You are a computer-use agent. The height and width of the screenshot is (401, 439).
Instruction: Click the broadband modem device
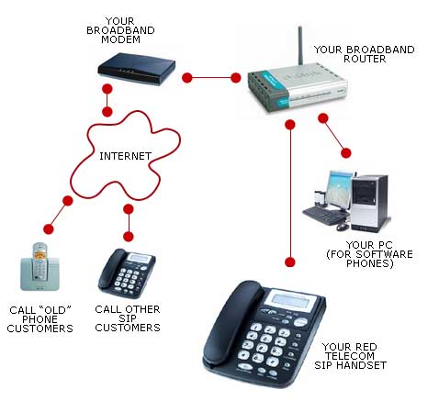(x=136, y=69)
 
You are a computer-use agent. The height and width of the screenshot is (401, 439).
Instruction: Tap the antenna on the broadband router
(x=300, y=45)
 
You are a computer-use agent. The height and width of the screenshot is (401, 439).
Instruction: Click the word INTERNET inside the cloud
(x=125, y=156)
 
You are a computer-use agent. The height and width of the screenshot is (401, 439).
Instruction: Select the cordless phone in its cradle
(x=39, y=267)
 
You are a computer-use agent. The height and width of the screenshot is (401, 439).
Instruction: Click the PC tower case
(x=369, y=203)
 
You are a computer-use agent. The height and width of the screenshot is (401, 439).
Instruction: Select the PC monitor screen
(x=339, y=190)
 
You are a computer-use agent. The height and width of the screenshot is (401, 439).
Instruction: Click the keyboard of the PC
(x=324, y=215)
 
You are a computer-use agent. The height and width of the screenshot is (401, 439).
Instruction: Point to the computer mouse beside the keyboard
(x=343, y=227)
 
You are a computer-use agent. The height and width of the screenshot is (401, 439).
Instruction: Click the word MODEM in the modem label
(x=120, y=39)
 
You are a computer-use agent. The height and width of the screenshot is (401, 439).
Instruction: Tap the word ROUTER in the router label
(x=365, y=59)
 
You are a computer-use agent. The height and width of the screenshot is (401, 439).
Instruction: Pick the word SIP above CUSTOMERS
(x=128, y=318)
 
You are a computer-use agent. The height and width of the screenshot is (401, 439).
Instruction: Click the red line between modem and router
(x=211, y=78)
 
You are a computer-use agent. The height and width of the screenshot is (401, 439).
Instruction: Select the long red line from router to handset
(x=290, y=194)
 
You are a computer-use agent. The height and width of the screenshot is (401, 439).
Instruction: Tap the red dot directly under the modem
(x=107, y=89)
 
